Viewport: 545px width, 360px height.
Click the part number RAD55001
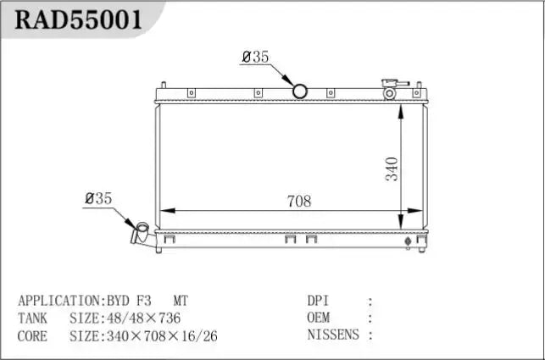point(76,19)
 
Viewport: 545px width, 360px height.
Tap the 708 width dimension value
point(299,201)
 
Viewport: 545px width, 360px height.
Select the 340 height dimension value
point(391,169)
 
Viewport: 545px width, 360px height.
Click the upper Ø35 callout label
point(255,57)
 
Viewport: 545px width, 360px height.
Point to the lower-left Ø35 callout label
point(97,198)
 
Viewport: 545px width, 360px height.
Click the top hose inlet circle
point(300,91)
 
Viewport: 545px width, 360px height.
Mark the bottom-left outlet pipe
point(140,233)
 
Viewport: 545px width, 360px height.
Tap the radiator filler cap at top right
point(391,88)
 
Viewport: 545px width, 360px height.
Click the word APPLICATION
point(58,301)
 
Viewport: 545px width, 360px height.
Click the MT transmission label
point(182,301)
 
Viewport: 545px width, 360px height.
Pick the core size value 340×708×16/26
point(160,336)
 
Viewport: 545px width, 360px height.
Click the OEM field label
point(319,318)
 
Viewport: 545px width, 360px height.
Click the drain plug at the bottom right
point(409,242)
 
